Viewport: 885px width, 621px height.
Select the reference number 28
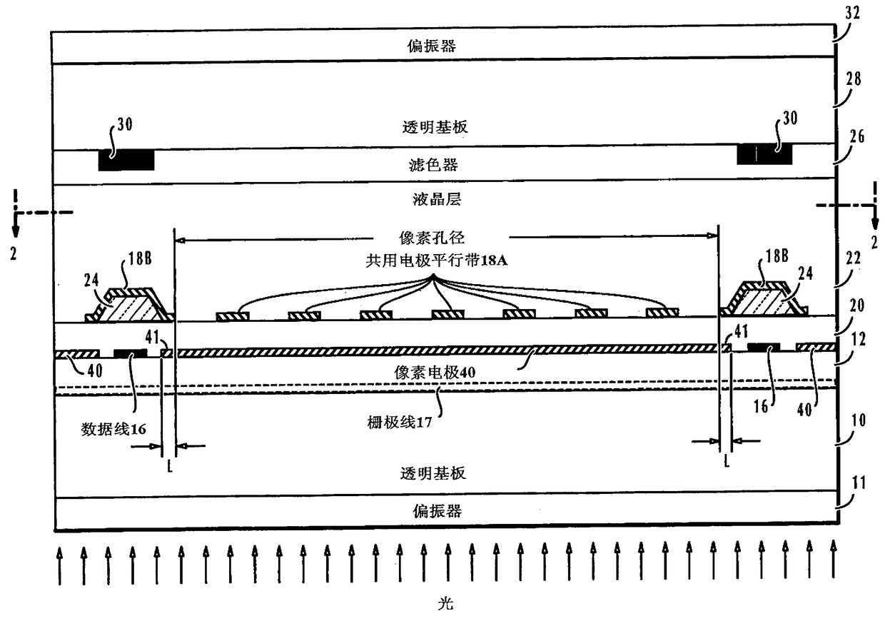coord(854,79)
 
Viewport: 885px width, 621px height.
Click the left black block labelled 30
coord(126,161)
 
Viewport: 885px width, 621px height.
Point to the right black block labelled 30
coord(765,154)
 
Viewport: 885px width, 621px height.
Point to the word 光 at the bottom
coord(445,604)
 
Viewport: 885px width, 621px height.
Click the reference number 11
coord(857,483)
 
